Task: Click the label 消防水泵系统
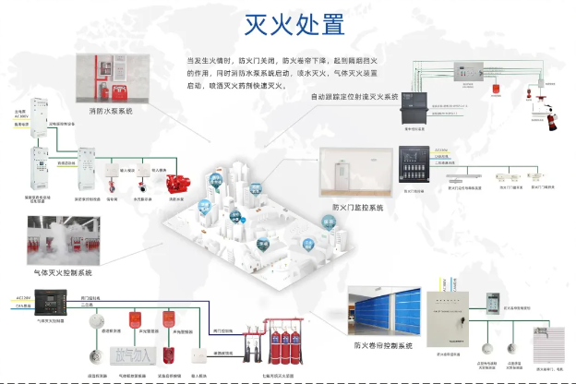pos(111,111)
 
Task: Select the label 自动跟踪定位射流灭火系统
pos(352,96)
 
